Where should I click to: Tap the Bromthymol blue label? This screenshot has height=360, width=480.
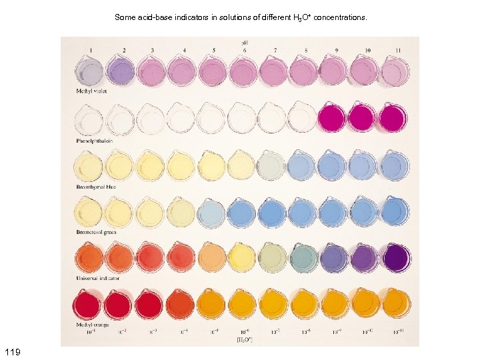tap(97, 187)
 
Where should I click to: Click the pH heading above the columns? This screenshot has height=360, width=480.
tap(245, 42)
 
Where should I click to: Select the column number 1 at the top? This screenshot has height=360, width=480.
tap(91, 50)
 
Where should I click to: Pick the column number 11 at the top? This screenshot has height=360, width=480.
tap(397, 50)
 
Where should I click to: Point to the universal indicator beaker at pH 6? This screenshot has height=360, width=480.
tap(243, 257)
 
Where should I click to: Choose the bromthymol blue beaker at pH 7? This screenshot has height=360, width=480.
tap(273, 165)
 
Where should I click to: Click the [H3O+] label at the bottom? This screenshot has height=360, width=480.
tap(245, 339)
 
